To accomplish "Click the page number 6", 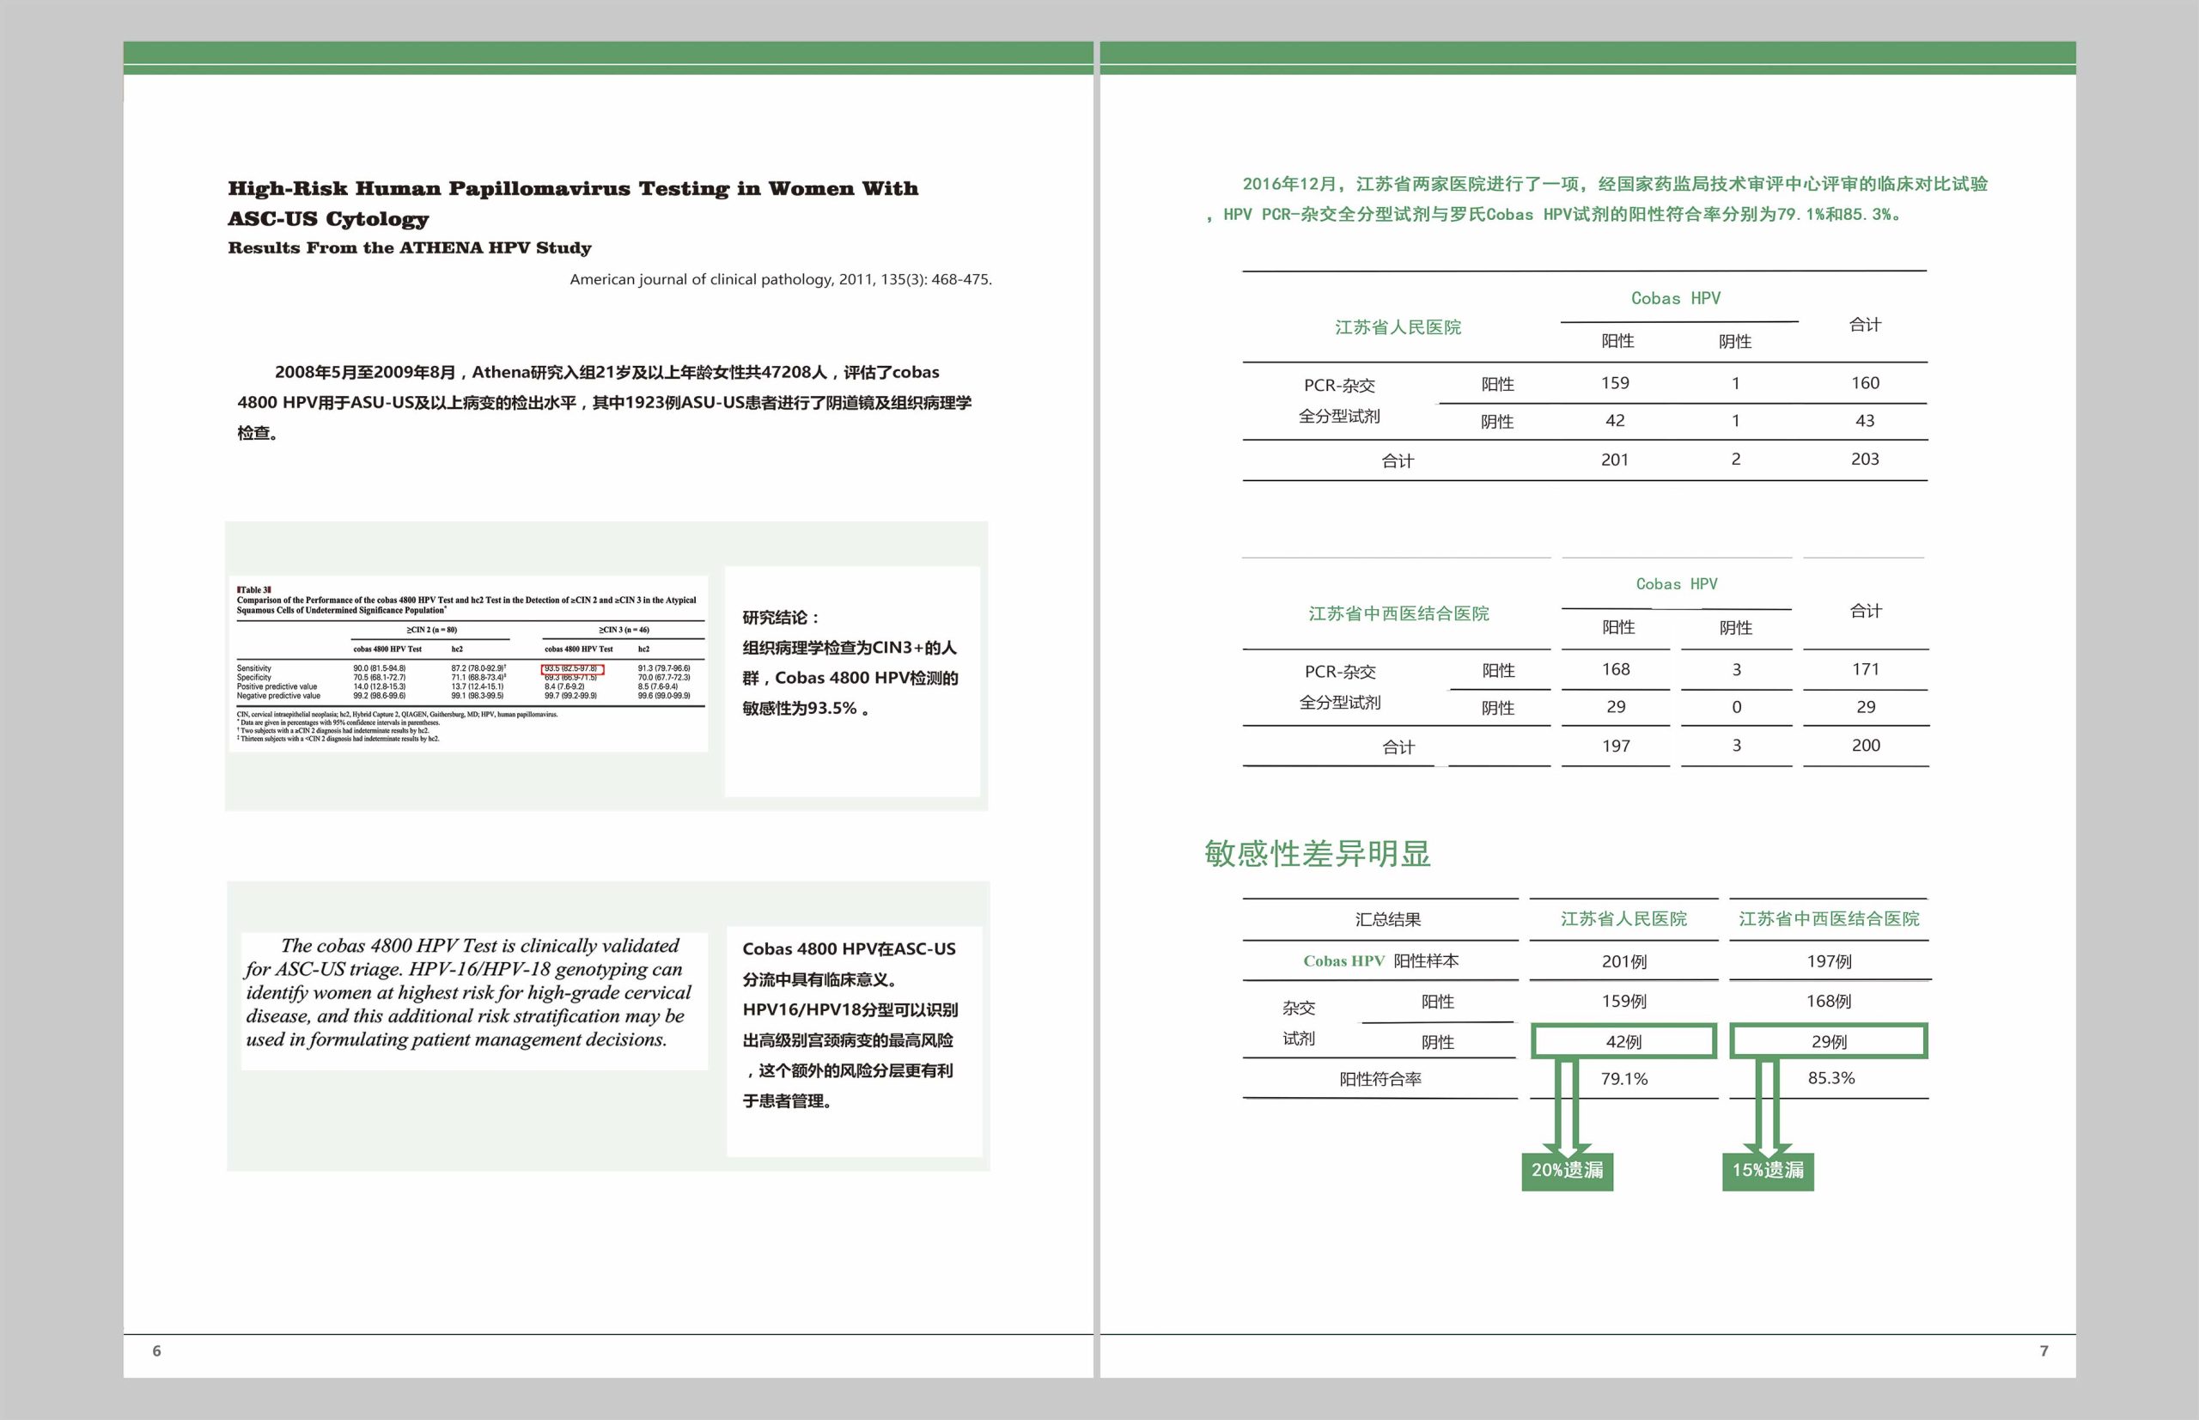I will (x=156, y=1350).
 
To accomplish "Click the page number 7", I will (x=2044, y=1350).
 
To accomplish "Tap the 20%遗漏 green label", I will (x=1568, y=1170).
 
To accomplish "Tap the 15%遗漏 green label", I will (x=1768, y=1170).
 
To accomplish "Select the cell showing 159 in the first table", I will (x=1616, y=382).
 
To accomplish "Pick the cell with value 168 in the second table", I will (x=1616, y=669).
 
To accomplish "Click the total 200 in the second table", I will (x=1865, y=745).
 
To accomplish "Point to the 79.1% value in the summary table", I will (x=1623, y=1079).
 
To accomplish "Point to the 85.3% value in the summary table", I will (x=1830, y=1078).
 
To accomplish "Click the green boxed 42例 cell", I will (x=1623, y=1042).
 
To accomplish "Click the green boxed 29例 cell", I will (x=1830, y=1042).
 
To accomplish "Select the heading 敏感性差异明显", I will (x=1317, y=854).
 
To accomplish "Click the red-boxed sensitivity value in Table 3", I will (x=571, y=668).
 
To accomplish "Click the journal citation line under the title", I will (x=780, y=279).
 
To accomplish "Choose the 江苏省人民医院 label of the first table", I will (x=1398, y=327).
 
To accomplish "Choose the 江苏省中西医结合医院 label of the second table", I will (x=1398, y=614).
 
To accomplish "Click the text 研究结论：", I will (x=781, y=618).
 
